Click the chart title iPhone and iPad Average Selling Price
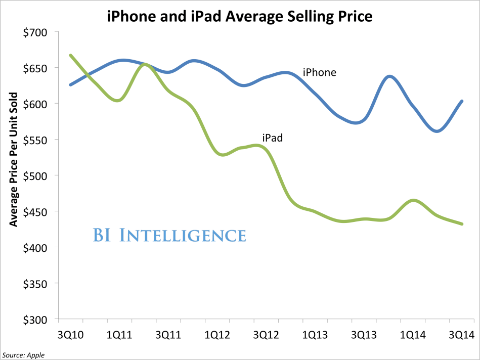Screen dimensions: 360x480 click(240, 17)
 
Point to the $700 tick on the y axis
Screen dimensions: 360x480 click(34, 32)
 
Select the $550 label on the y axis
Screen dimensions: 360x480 click(34, 140)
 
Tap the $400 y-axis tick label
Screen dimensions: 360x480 click(34, 248)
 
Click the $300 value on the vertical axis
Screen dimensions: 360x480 click(34, 320)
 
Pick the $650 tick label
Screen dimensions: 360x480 click(34, 68)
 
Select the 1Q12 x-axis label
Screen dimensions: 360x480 click(217, 335)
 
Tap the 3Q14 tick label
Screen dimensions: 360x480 click(463, 335)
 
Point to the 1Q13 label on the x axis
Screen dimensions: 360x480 click(316, 335)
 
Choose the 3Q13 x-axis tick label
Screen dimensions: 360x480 click(364, 335)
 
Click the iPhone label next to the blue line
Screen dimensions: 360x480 click(319, 72)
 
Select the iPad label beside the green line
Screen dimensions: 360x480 click(272, 137)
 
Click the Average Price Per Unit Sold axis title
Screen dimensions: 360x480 click(14, 159)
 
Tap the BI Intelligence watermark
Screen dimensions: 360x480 click(169, 235)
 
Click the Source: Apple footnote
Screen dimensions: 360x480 click(23, 355)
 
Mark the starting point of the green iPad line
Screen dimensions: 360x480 click(70, 55)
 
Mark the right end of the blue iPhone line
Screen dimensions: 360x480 click(462, 101)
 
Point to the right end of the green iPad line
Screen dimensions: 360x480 click(462, 223)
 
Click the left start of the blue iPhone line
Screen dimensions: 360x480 click(70, 85)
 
